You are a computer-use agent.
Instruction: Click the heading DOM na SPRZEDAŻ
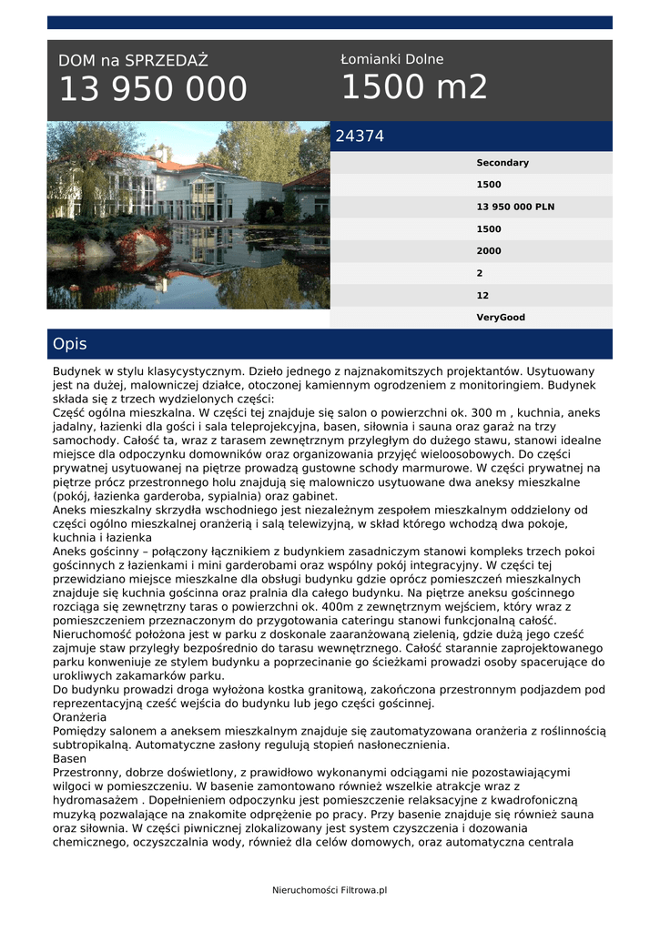[x=133, y=61]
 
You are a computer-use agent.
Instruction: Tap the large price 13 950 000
[x=153, y=89]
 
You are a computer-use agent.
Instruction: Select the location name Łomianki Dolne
[x=392, y=59]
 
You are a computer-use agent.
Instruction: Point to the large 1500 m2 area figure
[x=414, y=87]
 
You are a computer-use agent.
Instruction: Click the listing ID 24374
[x=360, y=137]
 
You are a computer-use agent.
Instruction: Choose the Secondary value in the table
[x=502, y=163]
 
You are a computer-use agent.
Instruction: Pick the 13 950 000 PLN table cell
[x=515, y=207]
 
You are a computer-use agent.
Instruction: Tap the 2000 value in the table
[x=489, y=251]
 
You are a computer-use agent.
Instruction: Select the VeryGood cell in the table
[x=501, y=318]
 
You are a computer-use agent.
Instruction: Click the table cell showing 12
[x=482, y=296]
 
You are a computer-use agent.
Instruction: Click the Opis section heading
[x=70, y=344]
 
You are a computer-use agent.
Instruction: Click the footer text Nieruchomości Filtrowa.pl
[x=330, y=889]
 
